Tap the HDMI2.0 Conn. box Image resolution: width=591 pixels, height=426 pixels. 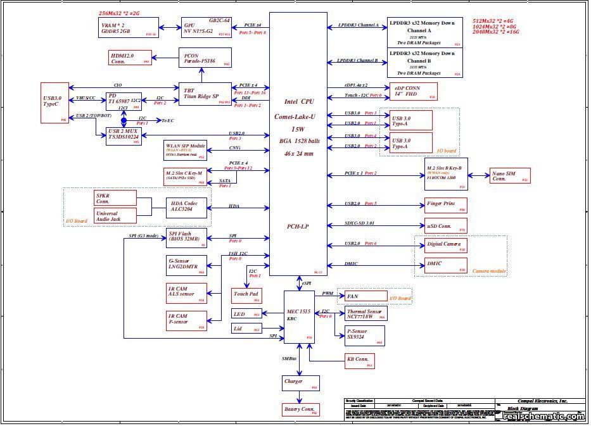(130, 58)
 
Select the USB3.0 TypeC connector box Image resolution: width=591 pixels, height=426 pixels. (54, 103)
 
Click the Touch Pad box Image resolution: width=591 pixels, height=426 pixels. (246, 295)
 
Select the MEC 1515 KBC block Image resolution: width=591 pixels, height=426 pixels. (300, 316)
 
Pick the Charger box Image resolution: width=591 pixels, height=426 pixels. (300, 382)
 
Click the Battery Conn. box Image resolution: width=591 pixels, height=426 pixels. (300, 410)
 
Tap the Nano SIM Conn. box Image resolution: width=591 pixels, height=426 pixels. (509, 176)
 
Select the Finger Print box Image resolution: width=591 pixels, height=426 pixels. (446, 204)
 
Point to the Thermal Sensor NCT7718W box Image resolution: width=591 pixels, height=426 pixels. (365, 313)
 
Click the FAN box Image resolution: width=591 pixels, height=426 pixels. (365, 296)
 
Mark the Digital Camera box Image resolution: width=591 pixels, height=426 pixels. (446, 245)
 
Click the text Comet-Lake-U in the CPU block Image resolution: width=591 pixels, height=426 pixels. (298, 116)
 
